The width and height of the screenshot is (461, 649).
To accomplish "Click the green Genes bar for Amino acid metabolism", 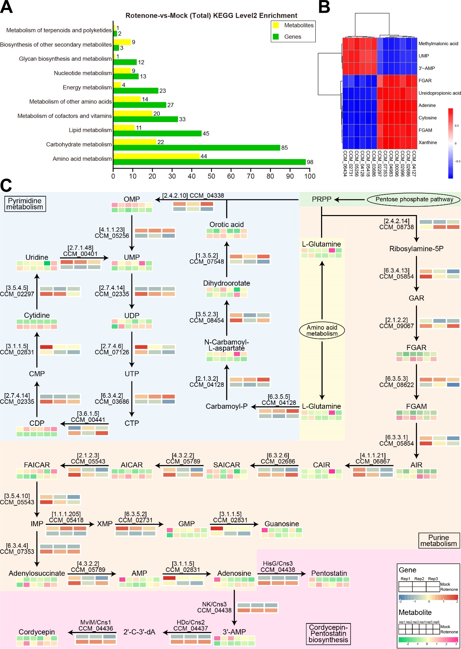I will [x=210, y=162].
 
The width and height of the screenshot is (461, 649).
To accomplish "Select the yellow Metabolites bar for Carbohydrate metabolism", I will [x=135, y=142].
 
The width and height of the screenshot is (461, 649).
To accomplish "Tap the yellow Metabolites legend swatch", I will [x=276, y=25].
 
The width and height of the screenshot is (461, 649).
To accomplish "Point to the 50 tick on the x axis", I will [x=211, y=176].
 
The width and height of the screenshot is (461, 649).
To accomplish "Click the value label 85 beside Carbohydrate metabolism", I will [x=284, y=148].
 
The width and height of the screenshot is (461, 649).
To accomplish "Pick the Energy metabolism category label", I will [x=87, y=87].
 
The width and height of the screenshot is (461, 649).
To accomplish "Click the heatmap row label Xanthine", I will [x=428, y=143].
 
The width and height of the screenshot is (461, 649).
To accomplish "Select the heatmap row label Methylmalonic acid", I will [x=438, y=44].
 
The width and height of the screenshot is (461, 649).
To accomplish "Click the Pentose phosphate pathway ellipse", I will [x=414, y=199].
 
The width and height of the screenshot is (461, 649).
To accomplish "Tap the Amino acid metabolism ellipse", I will [x=322, y=330].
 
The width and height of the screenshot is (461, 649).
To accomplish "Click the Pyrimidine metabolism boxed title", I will [x=25, y=204].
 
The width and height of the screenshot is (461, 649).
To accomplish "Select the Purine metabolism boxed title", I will [x=439, y=540].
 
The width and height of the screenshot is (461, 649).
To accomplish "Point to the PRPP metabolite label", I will [x=321, y=199].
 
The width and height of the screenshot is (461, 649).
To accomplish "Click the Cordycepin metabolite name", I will [x=37, y=632].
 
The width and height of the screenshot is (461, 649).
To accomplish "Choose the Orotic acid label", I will [x=227, y=224].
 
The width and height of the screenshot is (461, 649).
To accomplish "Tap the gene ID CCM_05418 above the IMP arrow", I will [x=66, y=520].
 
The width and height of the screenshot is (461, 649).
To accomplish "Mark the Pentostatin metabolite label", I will [x=329, y=573].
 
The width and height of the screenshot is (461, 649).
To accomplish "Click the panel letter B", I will [x=324, y=7].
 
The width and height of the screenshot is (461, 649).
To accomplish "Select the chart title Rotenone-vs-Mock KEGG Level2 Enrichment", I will [x=211, y=16].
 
